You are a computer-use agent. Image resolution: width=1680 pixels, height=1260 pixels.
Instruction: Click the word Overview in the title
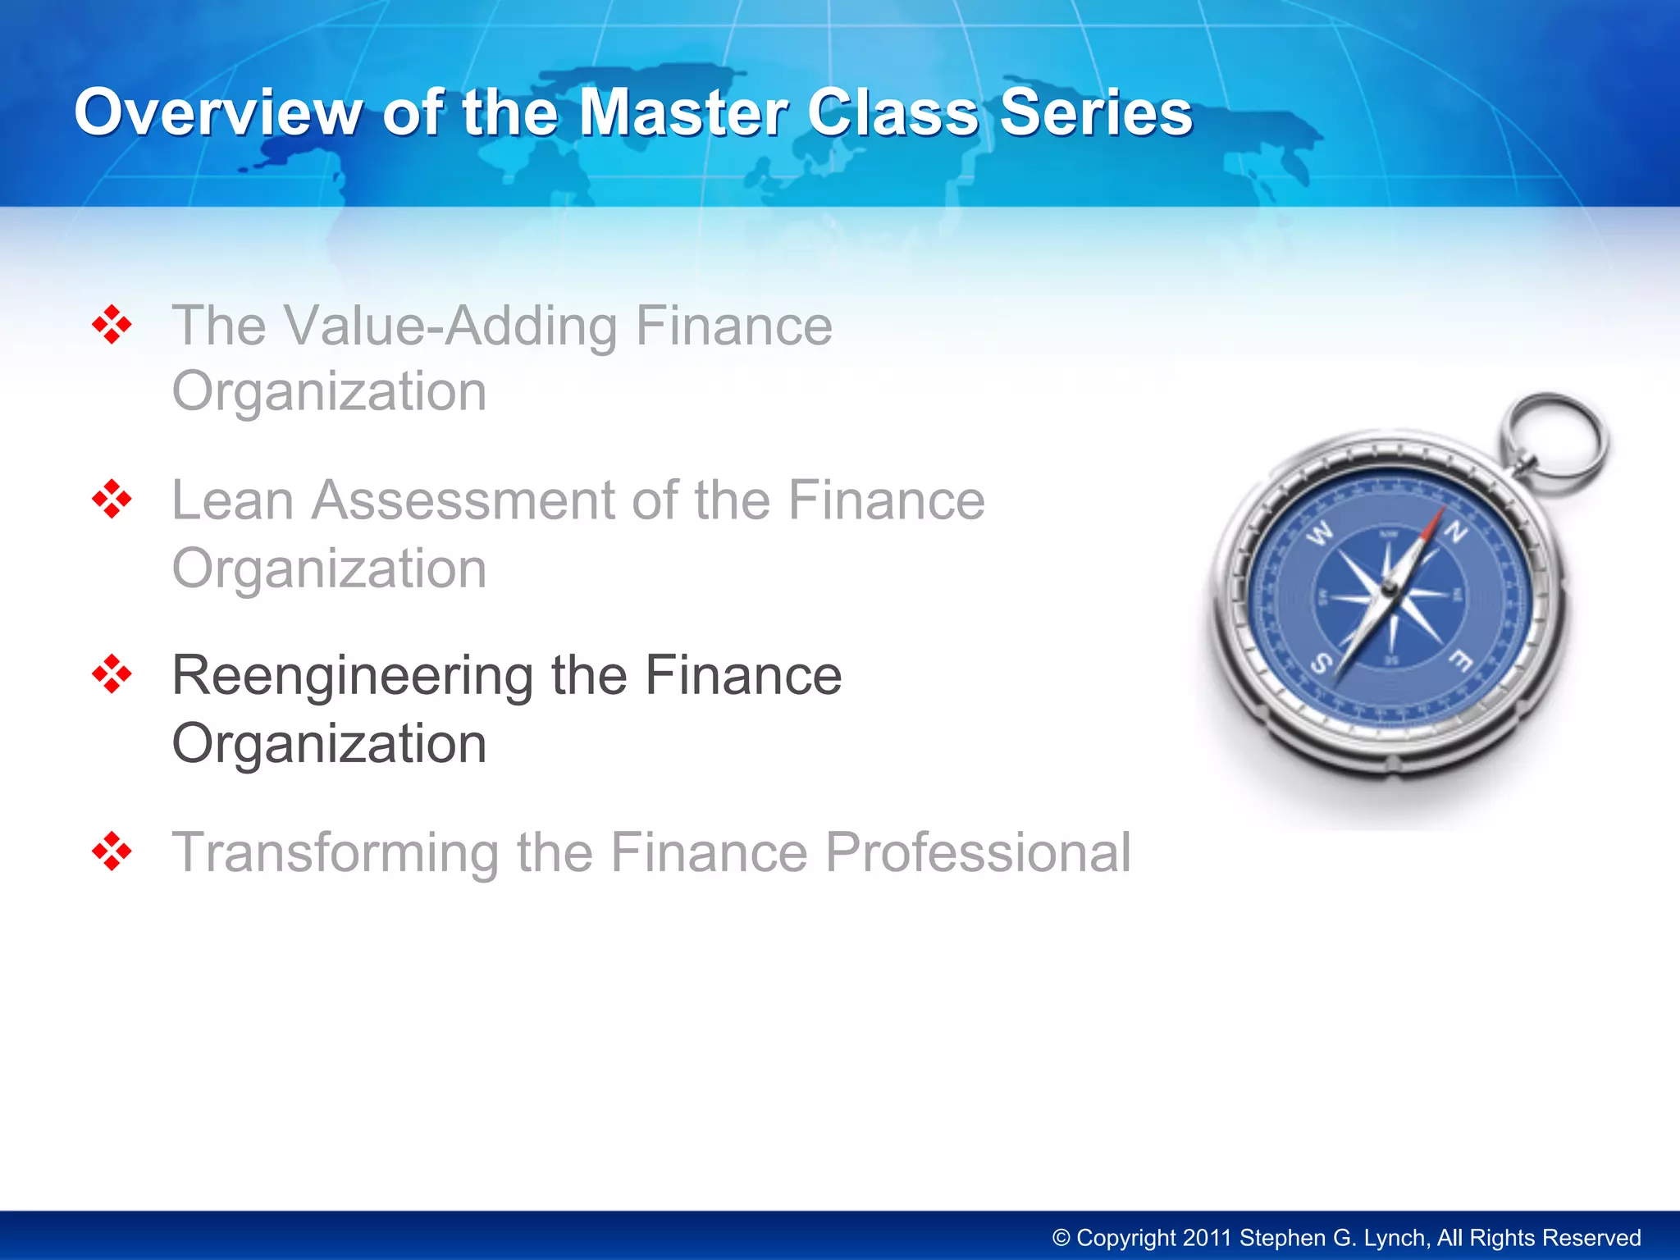[x=218, y=112]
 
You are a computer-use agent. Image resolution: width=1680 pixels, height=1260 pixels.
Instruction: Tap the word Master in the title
[x=682, y=112]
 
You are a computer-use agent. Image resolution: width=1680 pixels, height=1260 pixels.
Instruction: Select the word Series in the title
[x=1096, y=112]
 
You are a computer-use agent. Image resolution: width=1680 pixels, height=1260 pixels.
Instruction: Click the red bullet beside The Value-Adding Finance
[x=112, y=325]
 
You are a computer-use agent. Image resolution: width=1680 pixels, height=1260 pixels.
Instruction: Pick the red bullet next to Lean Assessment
[x=112, y=500]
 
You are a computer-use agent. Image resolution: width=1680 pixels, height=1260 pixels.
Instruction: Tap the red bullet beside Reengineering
[x=112, y=674]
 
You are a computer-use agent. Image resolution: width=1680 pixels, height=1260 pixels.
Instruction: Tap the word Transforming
[x=335, y=852]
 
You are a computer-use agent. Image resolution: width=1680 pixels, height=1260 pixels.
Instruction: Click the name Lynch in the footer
[x=1396, y=1238]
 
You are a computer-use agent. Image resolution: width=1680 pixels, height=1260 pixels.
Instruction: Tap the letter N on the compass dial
[x=1455, y=533]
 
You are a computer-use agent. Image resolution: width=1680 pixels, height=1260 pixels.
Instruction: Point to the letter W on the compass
[x=1320, y=535]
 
